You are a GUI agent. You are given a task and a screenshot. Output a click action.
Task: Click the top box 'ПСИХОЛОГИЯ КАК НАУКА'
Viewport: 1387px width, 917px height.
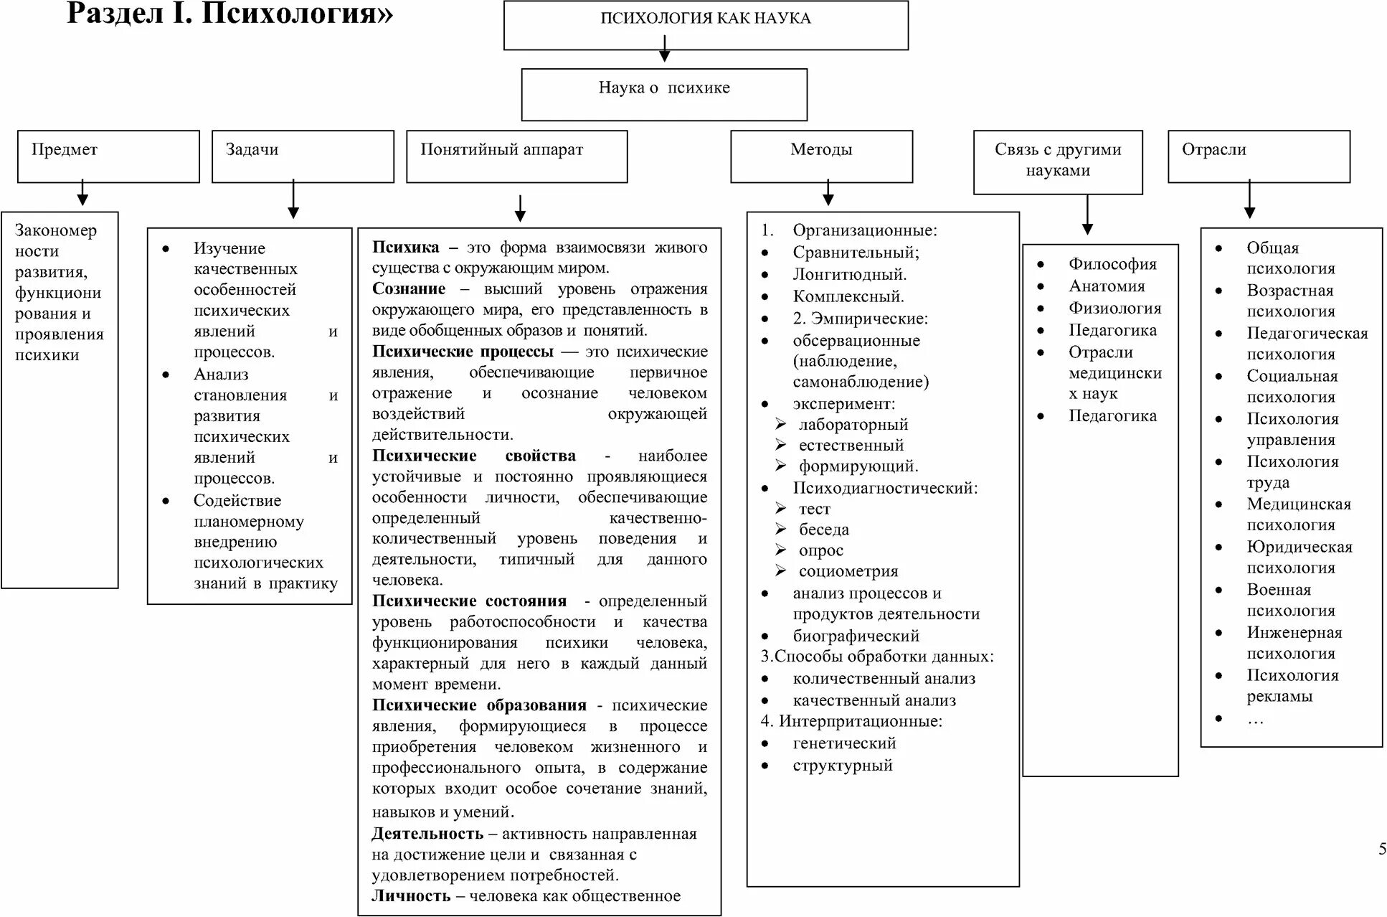click(706, 25)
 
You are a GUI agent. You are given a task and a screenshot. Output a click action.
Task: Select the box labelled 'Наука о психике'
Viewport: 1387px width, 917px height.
click(664, 94)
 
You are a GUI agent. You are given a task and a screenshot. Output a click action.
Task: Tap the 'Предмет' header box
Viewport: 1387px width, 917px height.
click(108, 156)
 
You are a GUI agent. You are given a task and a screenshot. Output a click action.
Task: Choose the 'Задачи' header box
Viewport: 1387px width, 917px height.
click(303, 156)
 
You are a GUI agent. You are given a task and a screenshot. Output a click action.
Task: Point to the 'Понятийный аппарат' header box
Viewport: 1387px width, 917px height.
click(516, 156)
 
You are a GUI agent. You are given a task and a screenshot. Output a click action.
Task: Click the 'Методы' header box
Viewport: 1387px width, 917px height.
click(821, 156)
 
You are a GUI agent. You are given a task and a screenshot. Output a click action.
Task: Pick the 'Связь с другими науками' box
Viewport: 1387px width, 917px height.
click(1058, 161)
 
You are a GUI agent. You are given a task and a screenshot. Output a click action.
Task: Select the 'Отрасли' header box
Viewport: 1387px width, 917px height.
click(1259, 156)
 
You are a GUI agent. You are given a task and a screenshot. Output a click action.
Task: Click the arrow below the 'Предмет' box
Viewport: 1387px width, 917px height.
click(82, 194)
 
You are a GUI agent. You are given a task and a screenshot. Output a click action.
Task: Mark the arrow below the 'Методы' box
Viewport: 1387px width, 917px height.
click(828, 194)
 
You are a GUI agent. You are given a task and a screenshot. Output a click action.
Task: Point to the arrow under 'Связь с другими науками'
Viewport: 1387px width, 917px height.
click(1087, 215)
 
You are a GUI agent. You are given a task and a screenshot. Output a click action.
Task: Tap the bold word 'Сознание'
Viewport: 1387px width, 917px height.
click(409, 288)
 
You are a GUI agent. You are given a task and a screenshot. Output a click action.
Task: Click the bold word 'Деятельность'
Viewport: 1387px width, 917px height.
click(427, 834)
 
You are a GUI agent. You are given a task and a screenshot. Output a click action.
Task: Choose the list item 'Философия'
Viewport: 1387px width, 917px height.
click(1112, 264)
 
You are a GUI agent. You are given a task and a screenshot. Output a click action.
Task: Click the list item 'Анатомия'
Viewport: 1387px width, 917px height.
click(1107, 286)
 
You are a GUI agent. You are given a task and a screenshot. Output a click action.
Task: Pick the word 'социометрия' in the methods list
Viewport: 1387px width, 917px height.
click(848, 572)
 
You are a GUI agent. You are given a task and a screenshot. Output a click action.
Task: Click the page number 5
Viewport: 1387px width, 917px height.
click(1382, 850)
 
